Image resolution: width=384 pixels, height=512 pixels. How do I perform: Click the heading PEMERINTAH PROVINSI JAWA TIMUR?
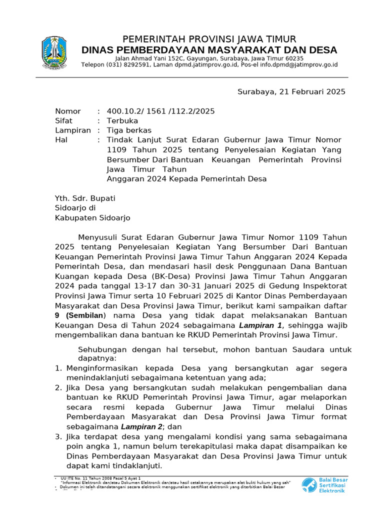point(209,39)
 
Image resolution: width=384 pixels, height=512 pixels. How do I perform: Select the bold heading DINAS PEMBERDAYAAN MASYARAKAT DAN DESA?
point(209,50)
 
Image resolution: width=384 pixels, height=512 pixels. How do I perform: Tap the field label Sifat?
point(63,121)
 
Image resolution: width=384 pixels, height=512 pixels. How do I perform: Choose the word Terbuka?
point(122,121)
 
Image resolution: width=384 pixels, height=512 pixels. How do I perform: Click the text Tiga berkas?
point(129,130)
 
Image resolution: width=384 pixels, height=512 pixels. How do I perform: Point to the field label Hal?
point(61,140)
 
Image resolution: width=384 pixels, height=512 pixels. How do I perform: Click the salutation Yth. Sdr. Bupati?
point(85,198)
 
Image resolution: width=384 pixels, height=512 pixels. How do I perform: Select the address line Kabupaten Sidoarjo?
point(92,218)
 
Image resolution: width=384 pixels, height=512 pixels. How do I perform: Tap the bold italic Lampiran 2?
point(141,426)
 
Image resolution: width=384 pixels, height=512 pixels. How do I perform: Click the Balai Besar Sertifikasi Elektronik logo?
point(324,484)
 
